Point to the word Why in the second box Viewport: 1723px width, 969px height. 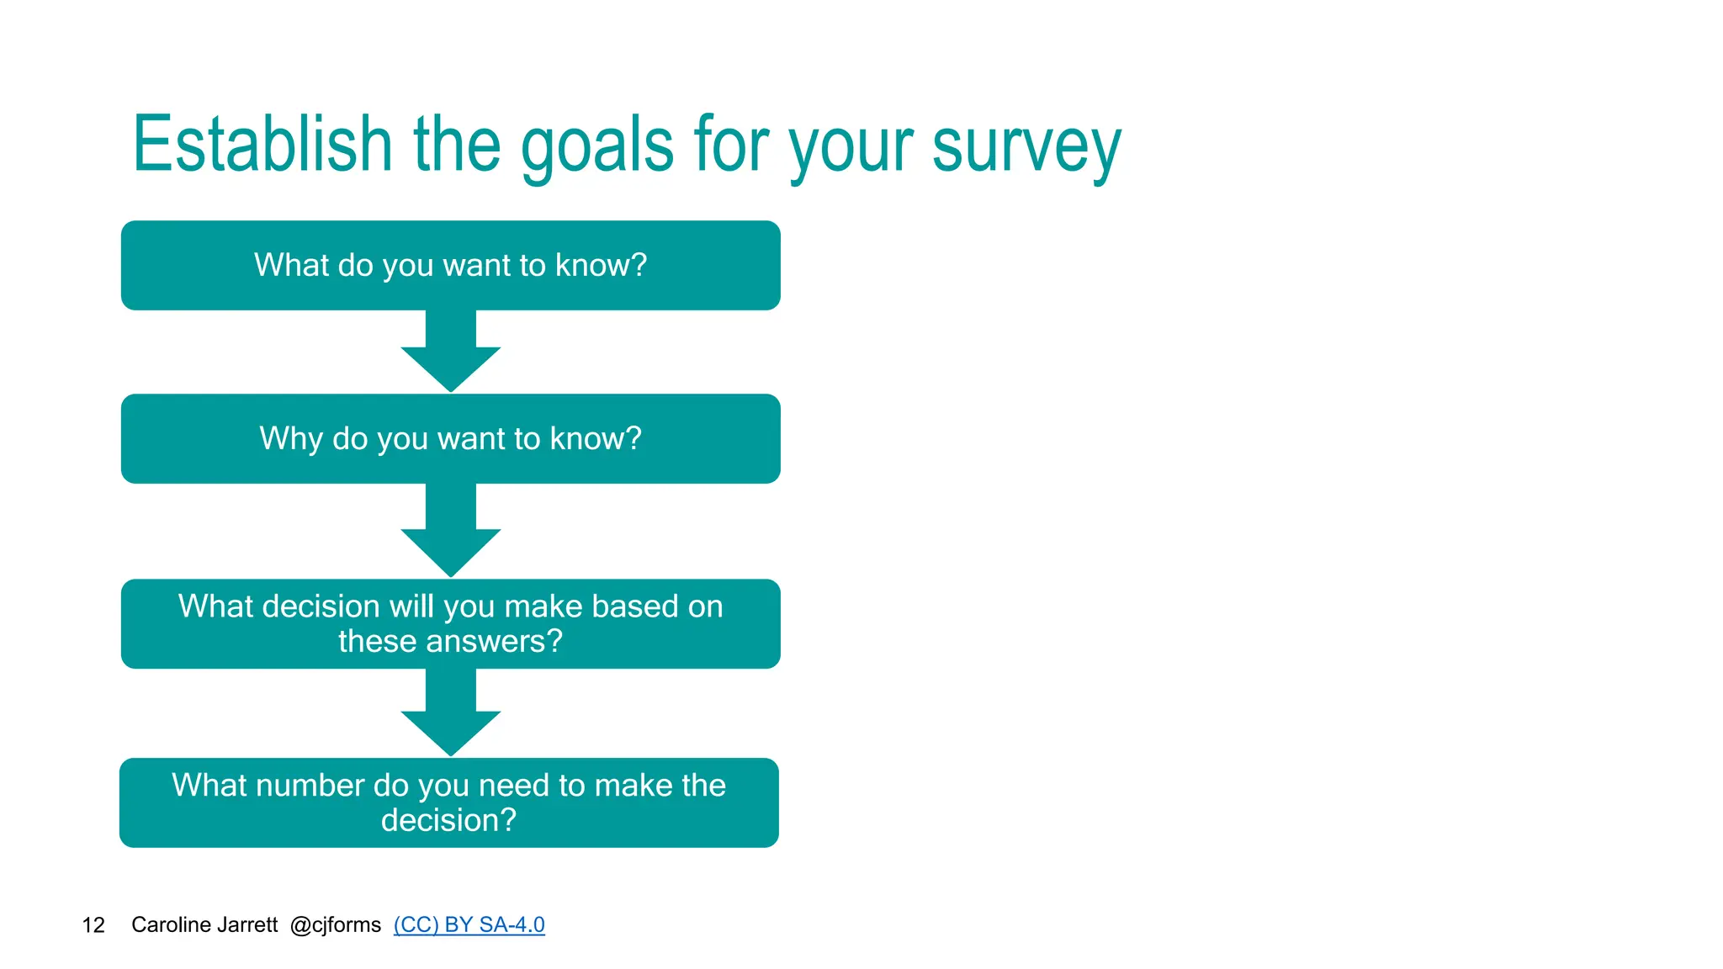pos(291,439)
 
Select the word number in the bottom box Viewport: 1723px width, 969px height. pos(310,786)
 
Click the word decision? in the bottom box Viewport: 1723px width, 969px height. pos(448,820)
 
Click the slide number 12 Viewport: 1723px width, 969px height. pos(93,925)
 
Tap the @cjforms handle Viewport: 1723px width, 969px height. pos(335,925)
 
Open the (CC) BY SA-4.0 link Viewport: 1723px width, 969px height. pos(469,925)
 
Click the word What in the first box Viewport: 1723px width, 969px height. pos(291,266)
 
